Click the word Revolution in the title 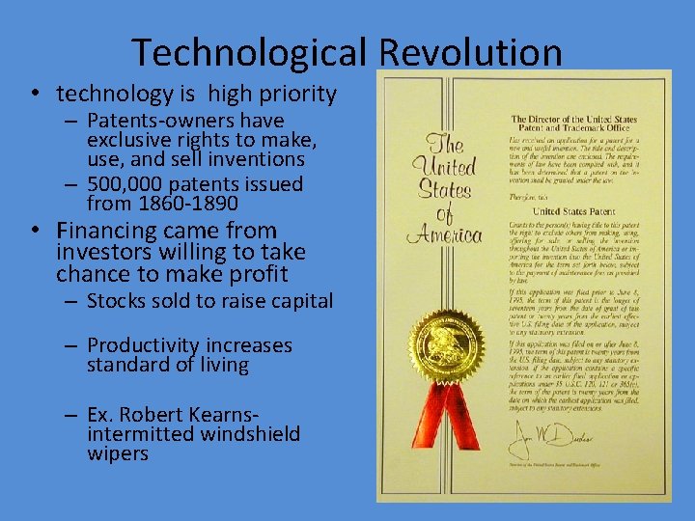[x=470, y=52]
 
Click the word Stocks [x=116, y=301]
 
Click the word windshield [x=249, y=434]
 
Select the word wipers [x=118, y=453]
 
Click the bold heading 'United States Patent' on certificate [x=572, y=211]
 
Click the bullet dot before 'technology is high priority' [x=33, y=95]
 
